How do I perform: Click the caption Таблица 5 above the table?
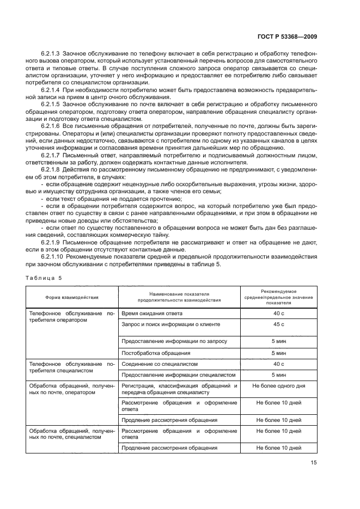coord(44,278)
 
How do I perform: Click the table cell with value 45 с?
coord(279,324)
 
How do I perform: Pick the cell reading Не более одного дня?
coord(279,385)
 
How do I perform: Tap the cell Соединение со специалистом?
coord(158,364)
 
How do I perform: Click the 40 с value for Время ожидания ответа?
coord(279,314)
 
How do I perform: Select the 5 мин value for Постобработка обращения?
coord(279,353)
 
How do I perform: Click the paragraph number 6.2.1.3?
coord(50,55)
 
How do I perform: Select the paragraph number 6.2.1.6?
coord(50,126)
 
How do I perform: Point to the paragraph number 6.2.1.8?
coord(50,169)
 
